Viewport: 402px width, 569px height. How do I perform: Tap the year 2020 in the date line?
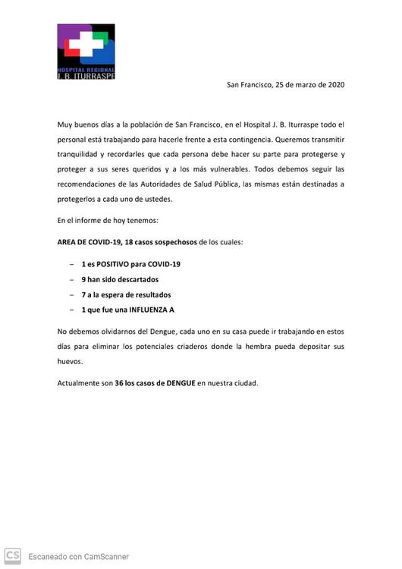tap(334, 84)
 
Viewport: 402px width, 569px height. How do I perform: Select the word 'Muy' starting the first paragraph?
tap(65, 124)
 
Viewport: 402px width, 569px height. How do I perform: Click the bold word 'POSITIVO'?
tap(113, 264)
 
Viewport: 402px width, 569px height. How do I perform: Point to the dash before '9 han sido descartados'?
tap(71, 279)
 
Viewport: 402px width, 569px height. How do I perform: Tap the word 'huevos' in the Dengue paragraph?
tap(71, 362)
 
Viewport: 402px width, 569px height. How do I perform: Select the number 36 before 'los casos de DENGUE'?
tap(119, 383)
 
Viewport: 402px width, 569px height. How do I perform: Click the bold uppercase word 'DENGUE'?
tap(177, 383)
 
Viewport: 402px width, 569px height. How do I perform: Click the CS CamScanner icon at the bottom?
tap(12, 555)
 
